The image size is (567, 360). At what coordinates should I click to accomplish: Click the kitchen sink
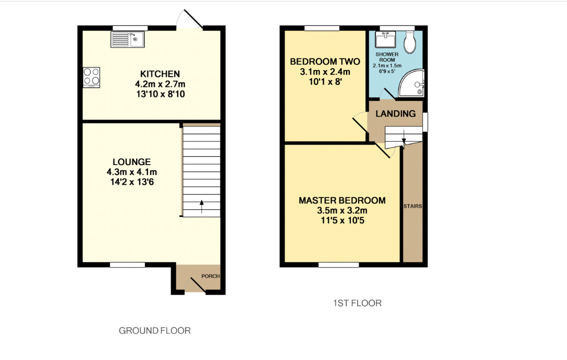(128, 40)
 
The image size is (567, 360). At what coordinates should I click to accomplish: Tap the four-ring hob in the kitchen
(91, 77)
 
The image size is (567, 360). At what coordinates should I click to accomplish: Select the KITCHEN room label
(160, 74)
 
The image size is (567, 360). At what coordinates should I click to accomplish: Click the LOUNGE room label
(132, 162)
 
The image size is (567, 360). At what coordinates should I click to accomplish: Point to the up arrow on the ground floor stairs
(202, 207)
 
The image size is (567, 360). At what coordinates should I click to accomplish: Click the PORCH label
(210, 276)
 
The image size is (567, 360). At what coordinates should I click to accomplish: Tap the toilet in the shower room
(410, 42)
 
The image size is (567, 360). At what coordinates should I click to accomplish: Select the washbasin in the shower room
(386, 40)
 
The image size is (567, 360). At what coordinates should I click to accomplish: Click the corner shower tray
(411, 83)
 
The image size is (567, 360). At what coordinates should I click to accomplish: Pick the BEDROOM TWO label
(325, 61)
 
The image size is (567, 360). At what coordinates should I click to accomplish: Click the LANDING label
(396, 114)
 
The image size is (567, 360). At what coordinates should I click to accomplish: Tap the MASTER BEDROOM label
(342, 201)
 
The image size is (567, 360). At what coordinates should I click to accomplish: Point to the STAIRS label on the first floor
(413, 206)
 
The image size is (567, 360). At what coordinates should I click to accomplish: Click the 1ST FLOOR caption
(357, 303)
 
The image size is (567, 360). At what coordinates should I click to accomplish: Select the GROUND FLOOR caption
(155, 331)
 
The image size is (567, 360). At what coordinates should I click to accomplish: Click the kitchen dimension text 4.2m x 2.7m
(160, 84)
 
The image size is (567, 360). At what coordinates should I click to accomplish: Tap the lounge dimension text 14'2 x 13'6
(132, 182)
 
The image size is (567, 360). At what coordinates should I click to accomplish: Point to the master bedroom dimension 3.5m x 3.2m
(342, 211)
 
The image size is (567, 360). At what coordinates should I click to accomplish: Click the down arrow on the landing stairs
(403, 142)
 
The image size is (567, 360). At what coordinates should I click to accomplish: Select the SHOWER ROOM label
(387, 57)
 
